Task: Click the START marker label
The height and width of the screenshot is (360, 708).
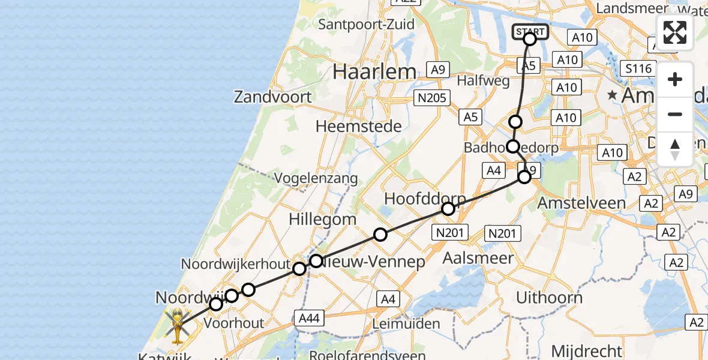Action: (x=530, y=32)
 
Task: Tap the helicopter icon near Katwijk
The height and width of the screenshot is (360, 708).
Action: (x=177, y=325)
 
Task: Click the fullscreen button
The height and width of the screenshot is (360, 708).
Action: (x=675, y=32)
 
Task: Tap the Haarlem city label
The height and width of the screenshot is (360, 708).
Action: (x=374, y=72)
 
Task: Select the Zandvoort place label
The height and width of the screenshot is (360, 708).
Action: (x=273, y=97)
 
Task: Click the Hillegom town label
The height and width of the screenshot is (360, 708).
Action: (x=323, y=220)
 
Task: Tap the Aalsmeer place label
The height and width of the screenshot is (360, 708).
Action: (x=478, y=259)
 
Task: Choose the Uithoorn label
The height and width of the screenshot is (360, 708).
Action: (x=549, y=298)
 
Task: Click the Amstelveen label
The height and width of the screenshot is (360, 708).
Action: (x=581, y=203)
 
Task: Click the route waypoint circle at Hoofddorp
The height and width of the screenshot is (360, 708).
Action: (x=448, y=209)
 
